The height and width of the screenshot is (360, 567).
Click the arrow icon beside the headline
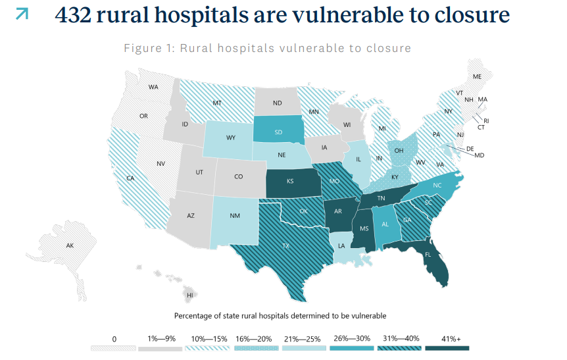click(22, 14)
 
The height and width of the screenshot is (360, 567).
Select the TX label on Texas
click(286, 245)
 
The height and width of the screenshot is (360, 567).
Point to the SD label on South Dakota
click(278, 132)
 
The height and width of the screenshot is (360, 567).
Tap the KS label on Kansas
click(290, 180)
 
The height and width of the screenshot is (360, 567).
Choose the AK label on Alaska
click(70, 245)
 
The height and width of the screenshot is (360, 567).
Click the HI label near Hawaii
click(190, 296)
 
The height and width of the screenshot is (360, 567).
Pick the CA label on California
click(130, 178)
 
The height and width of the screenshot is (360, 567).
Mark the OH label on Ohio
click(399, 150)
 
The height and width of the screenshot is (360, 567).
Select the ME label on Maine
click(478, 77)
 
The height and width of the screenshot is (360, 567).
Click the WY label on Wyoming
click(231, 138)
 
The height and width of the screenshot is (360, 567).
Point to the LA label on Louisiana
click(341, 245)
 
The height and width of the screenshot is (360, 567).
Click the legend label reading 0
click(114, 338)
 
